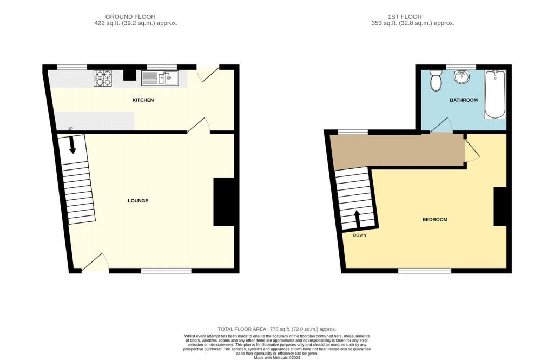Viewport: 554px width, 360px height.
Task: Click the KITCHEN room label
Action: tap(143, 100)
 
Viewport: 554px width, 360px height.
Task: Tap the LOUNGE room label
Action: tap(138, 201)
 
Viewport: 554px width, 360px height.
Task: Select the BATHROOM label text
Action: tap(464, 100)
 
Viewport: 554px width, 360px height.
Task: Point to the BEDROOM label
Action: tap(434, 220)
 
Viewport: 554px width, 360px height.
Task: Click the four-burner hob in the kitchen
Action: tap(102, 78)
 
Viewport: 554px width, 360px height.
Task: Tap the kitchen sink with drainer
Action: tap(160, 78)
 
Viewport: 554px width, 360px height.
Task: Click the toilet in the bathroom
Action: tap(436, 81)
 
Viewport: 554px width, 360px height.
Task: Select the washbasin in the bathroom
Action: tap(461, 77)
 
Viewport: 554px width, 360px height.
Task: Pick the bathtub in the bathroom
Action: tap(495, 94)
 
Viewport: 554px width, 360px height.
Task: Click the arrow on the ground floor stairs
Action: tap(72, 145)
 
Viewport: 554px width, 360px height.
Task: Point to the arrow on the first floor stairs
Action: tap(357, 220)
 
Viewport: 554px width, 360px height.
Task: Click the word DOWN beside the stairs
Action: tap(360, 235)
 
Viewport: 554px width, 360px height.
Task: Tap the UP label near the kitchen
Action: tap(70, 129)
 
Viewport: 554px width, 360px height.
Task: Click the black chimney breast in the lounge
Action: tap(224, 201)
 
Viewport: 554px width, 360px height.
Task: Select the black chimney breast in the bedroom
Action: tap(500, 206)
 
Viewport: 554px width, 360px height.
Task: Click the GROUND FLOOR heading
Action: tap(130, 17)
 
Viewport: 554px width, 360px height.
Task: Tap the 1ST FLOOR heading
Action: tap(405, 17)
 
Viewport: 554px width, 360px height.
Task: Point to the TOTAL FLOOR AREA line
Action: tap(277, 329)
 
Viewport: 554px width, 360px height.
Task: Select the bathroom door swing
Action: tap(441, 125)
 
